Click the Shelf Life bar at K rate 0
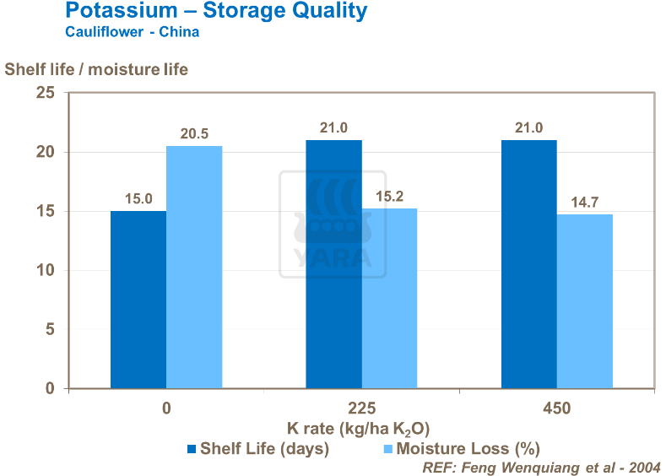(x=138, y=300)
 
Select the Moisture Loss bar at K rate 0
(x=194, y=267)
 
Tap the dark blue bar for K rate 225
(x=333, y=264)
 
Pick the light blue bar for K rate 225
(x=389, y=298)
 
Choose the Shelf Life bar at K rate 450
(x=528, y=264)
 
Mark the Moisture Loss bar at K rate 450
(x=584, y=301)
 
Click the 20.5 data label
(x=194, y=133)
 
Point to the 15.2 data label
(x=389, y=196)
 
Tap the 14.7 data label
(x=584, y=202)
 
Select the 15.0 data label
(x=138, y=198)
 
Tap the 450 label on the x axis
(x=556, y=408)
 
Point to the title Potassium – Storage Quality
(x=216, y=12)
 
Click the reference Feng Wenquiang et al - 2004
(x=539, y=467)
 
